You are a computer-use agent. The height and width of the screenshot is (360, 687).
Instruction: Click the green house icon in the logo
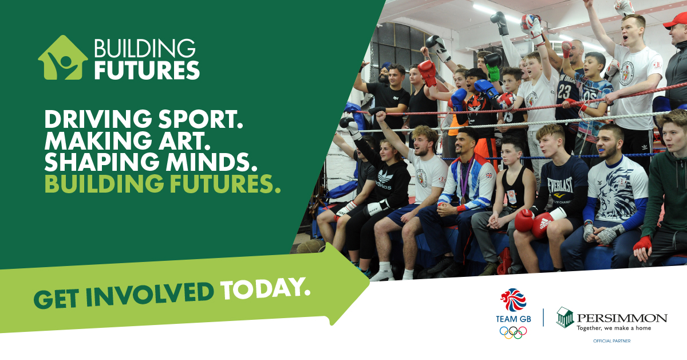point(63,58)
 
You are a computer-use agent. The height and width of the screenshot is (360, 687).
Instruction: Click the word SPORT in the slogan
point(201,119)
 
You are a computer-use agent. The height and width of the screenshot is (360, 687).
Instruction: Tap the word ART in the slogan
point(187,140)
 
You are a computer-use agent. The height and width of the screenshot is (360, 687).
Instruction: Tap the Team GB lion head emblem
point(513,300)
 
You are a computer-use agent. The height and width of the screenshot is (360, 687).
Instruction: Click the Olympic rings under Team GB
point(513,332)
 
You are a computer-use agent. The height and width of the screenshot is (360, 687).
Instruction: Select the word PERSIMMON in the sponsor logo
point(622,318)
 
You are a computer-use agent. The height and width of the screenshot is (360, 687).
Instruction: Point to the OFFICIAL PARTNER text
point(612,341)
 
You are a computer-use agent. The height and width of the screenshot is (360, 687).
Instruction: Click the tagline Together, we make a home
point(614,328)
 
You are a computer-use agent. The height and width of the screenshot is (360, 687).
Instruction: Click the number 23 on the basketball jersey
point(564,92)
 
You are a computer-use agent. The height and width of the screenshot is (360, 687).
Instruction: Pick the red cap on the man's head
point(676,21)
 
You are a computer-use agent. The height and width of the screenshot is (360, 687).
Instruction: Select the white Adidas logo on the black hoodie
point(384,179)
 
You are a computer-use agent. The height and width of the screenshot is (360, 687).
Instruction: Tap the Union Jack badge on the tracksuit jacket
point(489,175)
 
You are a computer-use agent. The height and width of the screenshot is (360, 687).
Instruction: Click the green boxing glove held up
point(493,73)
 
